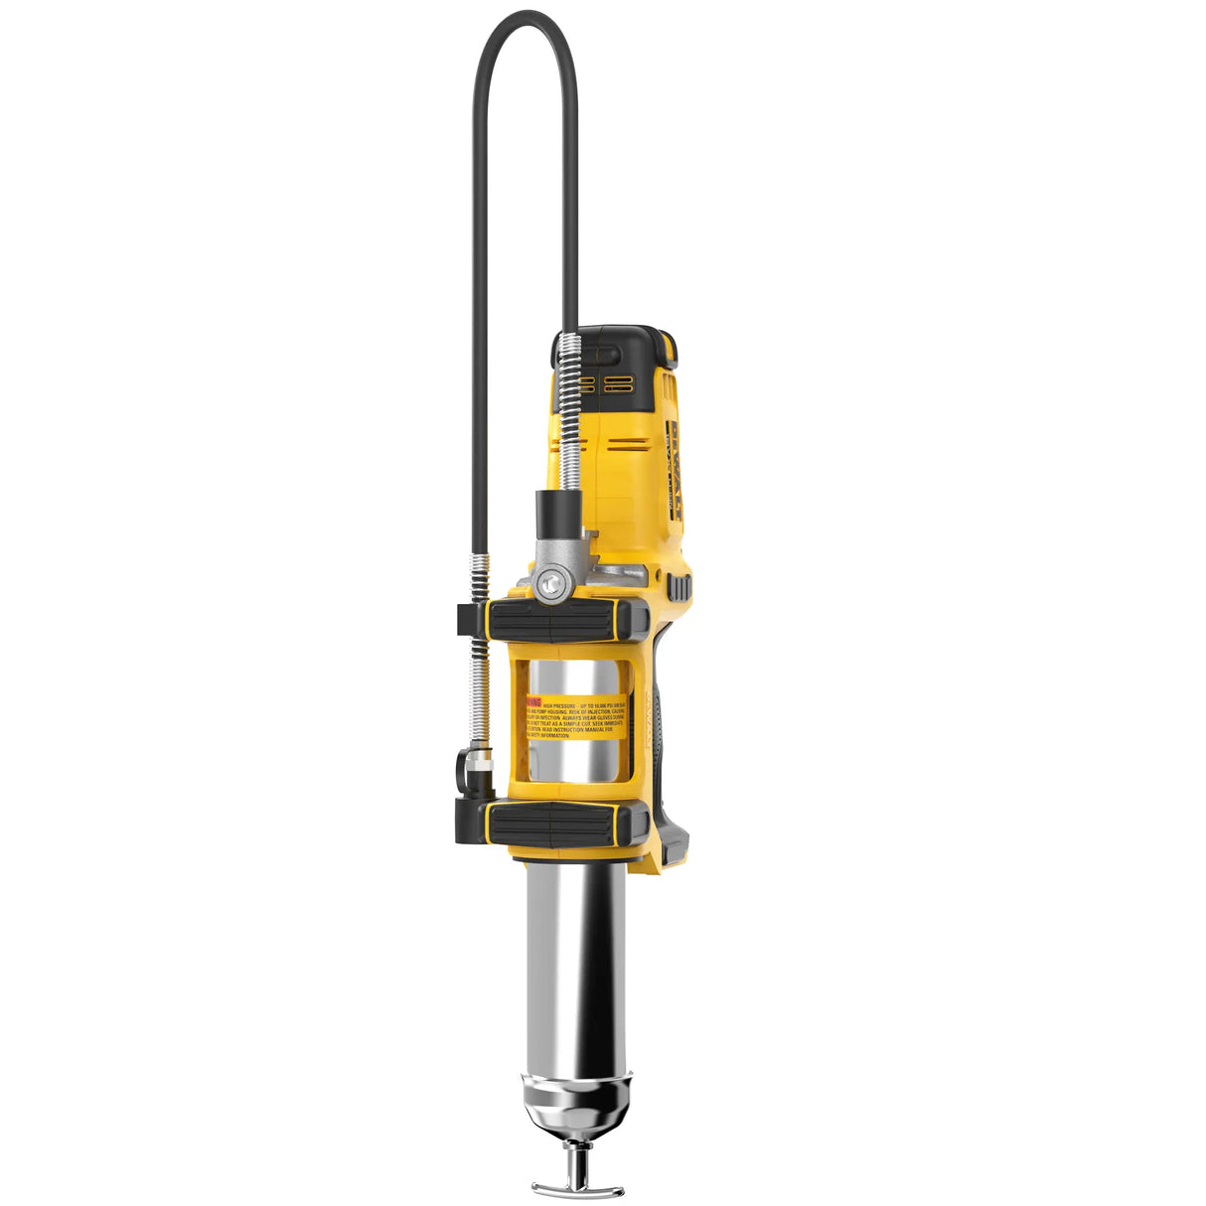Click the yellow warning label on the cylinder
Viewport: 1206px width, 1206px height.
[576, 716]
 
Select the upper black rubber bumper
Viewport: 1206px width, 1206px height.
[566, 621]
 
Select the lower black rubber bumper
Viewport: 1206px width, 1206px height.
[566, 824]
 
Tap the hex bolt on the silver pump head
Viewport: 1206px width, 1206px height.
[548, 582]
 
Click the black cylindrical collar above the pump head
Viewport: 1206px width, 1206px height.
[556, 515]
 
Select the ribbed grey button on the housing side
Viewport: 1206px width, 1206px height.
[680, 587]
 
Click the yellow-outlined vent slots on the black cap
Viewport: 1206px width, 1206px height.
[605, 383]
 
